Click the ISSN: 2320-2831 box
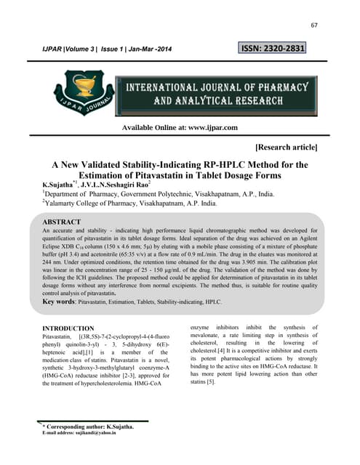point(273,49)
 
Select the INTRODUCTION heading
point(78,329)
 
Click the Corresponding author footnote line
point(87,426)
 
